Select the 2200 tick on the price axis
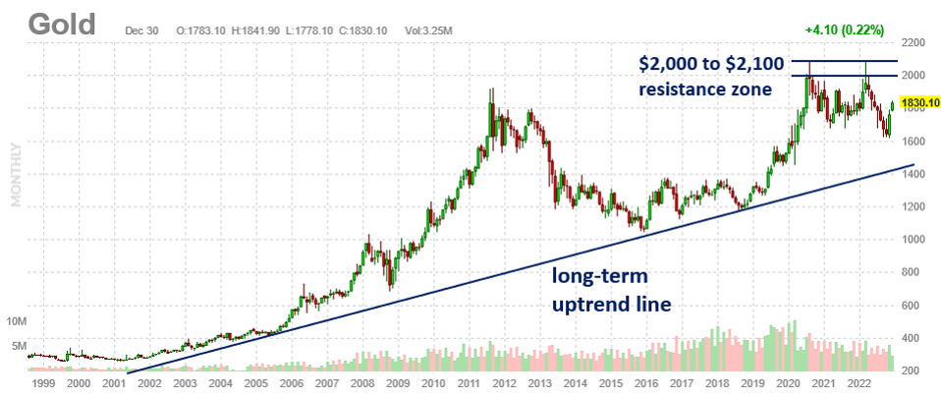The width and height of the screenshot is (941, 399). click(x=914, y=44)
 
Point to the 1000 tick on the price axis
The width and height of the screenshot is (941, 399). click(x=914, y=240)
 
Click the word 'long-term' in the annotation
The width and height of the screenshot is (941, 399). click(x=599, y=277)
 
